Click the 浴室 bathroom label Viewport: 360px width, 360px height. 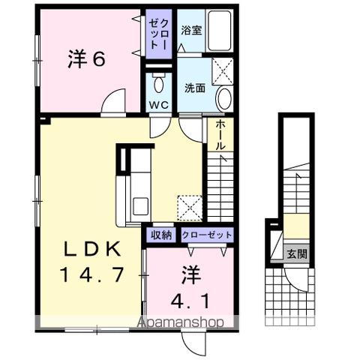pos(190,31)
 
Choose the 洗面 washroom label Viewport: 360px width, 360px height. pos(194,87)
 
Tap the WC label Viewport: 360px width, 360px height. pos(158,105)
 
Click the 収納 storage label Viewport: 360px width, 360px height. pos(163,235)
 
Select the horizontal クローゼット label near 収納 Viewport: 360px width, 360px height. pos(205,235)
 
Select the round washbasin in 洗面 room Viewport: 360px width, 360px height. pos(225,97)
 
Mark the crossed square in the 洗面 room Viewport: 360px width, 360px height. pos(222,71)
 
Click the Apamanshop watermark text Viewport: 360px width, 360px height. pos(185,322)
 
